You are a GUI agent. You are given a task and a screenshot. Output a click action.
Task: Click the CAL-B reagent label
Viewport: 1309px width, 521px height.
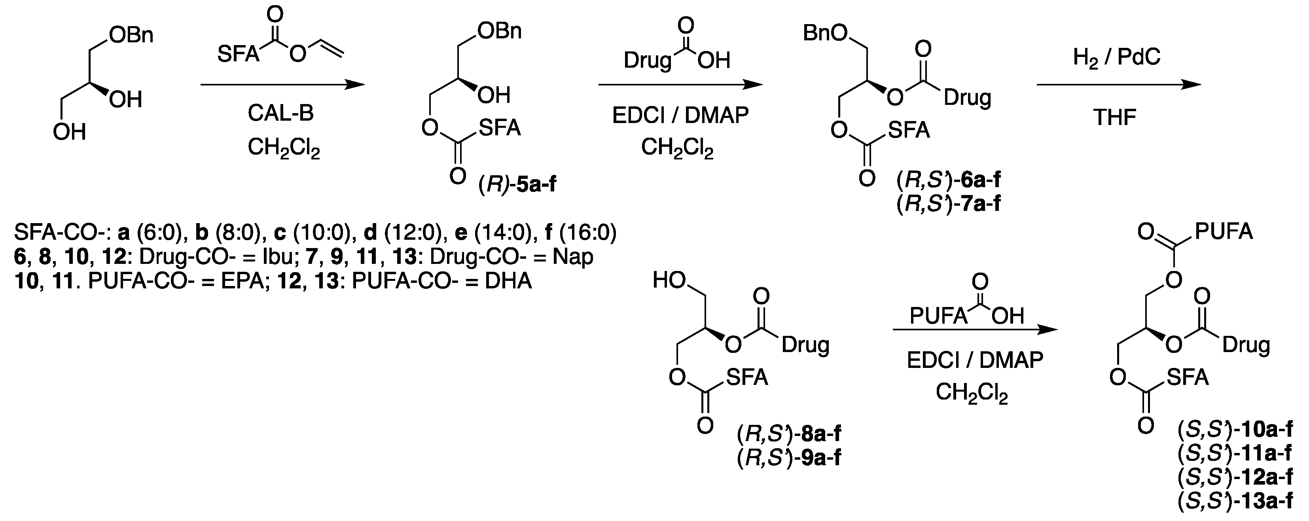(280, 114)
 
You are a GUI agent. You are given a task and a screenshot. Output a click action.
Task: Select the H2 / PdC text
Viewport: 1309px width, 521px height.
(1116, 57)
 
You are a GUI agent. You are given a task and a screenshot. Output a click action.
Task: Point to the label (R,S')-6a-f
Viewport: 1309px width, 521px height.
(949, 180)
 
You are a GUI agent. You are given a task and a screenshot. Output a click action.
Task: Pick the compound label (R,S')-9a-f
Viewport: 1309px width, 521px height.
(789, 458)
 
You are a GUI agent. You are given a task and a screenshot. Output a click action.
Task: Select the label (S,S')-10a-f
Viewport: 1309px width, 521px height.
(1235, 430)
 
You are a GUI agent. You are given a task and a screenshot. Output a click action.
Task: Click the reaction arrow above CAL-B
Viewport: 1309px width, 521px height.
(282, 85)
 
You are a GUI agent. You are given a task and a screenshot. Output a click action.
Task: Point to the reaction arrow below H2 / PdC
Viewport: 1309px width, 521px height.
(1118, 85)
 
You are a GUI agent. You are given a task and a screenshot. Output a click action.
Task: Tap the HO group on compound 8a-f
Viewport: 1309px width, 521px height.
(670, 280)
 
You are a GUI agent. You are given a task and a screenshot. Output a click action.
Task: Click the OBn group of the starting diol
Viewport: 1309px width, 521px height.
(131, 36)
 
